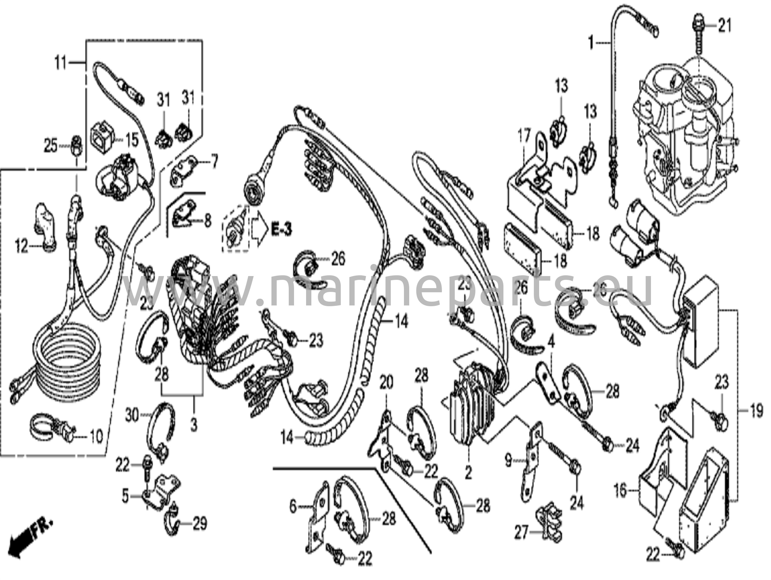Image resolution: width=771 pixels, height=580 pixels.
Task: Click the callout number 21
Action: coord(725,26)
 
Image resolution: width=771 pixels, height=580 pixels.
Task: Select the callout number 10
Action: coord(96,437)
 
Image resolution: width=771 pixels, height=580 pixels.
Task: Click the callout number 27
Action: coord(522,533)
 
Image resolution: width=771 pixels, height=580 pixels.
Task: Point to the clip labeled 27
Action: coord(550,522)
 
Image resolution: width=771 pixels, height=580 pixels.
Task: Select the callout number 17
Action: coord(524,135)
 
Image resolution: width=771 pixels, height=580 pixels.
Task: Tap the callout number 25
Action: coord(51,145)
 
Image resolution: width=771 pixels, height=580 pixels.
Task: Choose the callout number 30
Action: coord(132,417)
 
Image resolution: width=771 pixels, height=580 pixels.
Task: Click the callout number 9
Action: coord(509,460)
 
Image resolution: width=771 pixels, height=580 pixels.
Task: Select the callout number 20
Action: coord(386,383)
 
